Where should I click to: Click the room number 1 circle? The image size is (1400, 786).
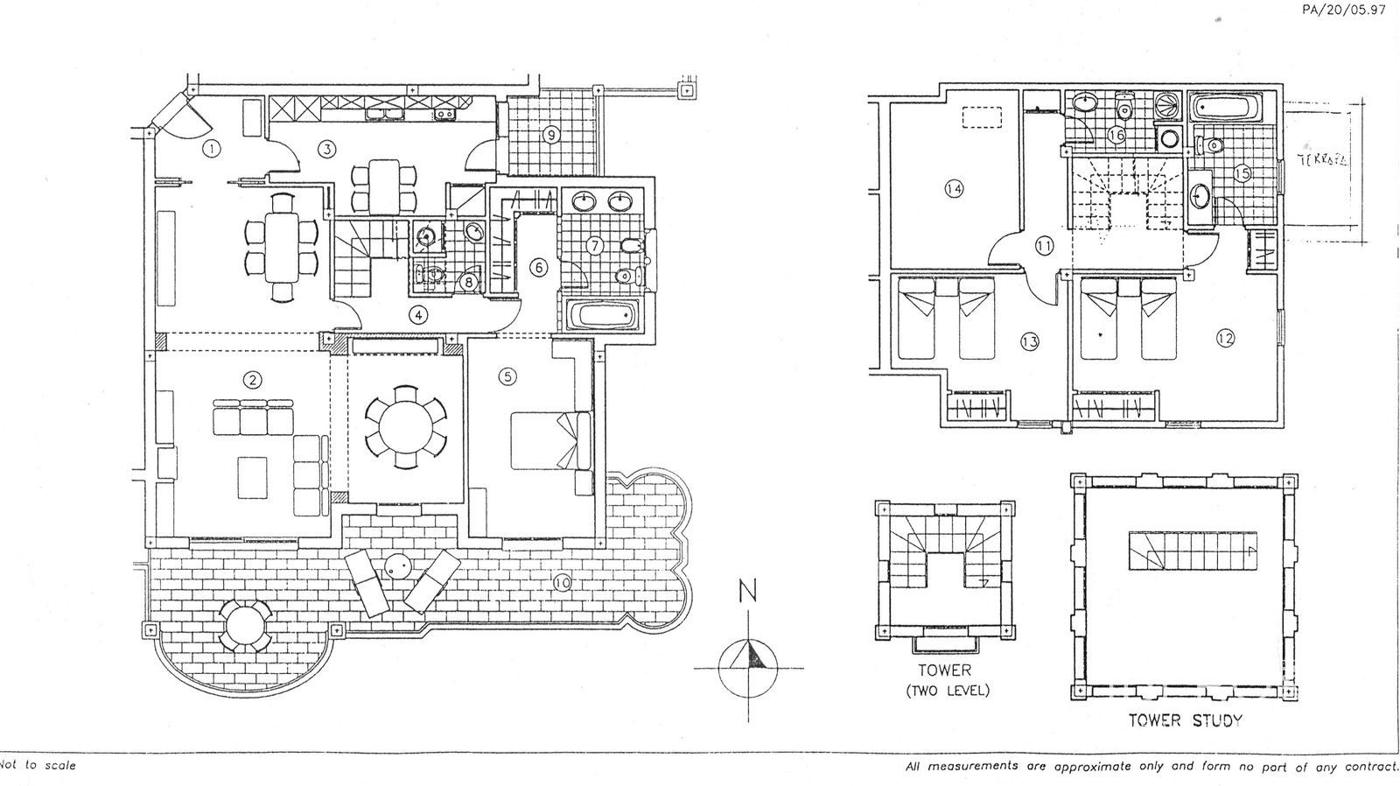click(x=211, y=149)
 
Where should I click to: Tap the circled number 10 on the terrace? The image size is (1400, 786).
click(x=562, y=579)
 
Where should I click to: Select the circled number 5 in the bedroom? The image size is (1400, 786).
click(x=507, y=377)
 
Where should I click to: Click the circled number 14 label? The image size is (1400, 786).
click(x=954, y=187)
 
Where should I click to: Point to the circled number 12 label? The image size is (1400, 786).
click(x=1225, y=338)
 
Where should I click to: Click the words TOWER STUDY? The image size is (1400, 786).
click(x=1186, y=721)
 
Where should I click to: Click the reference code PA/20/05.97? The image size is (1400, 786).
click(x=1344, y=11)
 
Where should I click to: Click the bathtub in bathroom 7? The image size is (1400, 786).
click(x=605, y=315)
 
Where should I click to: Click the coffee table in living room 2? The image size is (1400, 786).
click(x=253, y=477)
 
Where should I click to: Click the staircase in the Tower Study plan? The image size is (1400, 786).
click(x=1193, y=551)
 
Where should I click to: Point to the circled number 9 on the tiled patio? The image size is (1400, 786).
click(x=550, y=135)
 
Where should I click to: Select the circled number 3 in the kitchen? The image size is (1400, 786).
click(x=326, y=149)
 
